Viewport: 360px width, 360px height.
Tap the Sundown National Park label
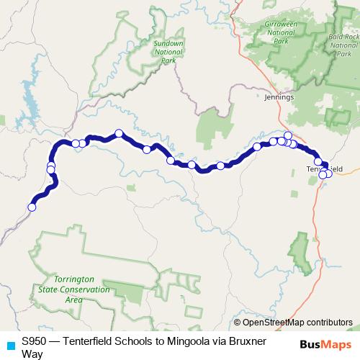tap(168, 51)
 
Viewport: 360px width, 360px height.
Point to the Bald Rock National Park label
tap(343, 45)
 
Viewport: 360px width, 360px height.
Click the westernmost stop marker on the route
tap(32, 207)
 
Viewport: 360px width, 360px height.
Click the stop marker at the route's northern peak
tap(119, 132)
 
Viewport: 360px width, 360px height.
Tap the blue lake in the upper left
tap(30, 94)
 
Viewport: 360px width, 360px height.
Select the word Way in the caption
tap(32, 354)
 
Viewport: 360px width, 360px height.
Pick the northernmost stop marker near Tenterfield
tap(288, 135)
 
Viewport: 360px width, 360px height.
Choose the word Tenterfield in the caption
tap(89, 341)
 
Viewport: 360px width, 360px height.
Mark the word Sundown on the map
tap(168, 43)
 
